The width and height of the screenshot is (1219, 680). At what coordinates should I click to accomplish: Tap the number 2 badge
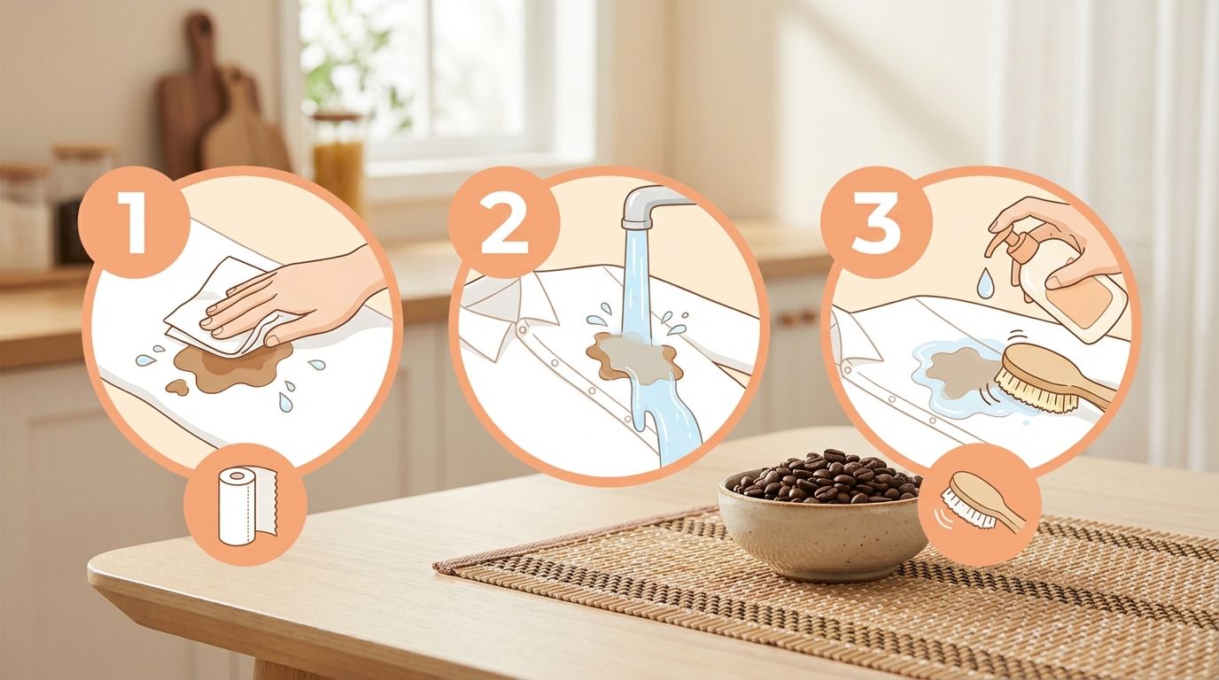504,222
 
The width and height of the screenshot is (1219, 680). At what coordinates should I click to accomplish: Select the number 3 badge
876,222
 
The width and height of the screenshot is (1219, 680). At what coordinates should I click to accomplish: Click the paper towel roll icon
245,505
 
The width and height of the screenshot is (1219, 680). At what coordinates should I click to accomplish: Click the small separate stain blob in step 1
177,387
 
